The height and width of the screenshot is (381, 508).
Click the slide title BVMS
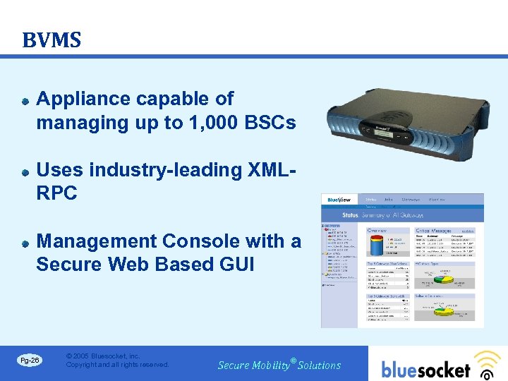click(x=52, y=40)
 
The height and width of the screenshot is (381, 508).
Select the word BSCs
click(x=272, y=123)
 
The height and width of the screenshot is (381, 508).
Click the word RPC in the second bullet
click(x=56, y=194)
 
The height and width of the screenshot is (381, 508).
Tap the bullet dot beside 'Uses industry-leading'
click(x=25, y=171)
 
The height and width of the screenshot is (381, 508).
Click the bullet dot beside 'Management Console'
click(x=25, y=243)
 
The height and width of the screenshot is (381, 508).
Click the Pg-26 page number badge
click(x=30, y=361)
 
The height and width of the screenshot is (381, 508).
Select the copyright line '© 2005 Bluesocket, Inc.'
click(x=103, y=356)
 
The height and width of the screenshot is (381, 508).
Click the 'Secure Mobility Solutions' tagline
click(x=279, y=365)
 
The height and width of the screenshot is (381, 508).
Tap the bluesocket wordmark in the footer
click(x=426, y=369)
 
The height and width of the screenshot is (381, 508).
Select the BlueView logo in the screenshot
click(x=339, y=200)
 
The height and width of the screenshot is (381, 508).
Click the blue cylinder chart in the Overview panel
click(x=374, y=247)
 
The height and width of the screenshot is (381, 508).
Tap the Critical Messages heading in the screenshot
click(x=433, y=231)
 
